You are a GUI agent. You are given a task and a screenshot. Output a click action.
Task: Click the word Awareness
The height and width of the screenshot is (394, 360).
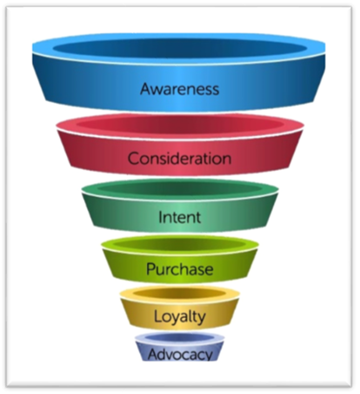point(180,89)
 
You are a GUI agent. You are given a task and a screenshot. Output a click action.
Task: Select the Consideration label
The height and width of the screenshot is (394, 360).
point(179,159)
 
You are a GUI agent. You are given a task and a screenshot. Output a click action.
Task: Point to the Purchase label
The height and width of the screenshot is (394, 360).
point(180,268)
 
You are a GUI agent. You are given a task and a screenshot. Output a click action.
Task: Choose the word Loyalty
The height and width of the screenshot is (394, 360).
point(179,316)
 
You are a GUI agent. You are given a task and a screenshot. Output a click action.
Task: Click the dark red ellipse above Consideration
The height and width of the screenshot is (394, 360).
point(180,125)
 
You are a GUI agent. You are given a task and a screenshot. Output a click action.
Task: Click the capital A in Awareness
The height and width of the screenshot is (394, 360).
point(145,89)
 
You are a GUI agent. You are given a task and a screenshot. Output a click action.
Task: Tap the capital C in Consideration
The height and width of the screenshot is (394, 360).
point(133,159)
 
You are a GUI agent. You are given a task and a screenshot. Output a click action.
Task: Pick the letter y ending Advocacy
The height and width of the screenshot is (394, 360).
point(208,355)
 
